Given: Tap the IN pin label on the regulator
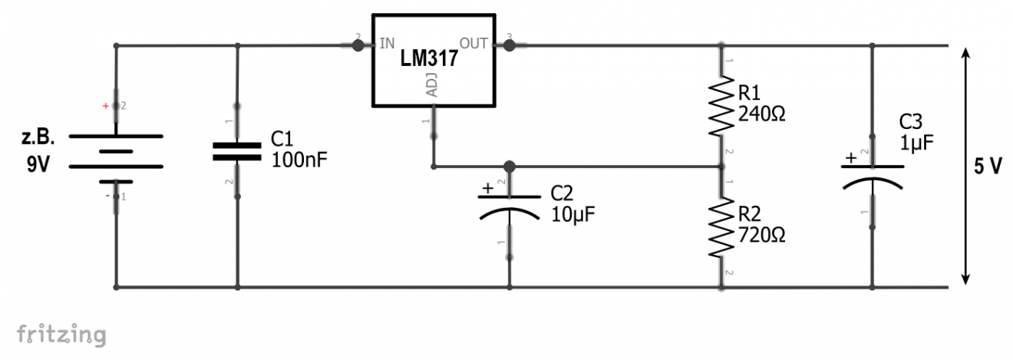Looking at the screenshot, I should coord(388,43).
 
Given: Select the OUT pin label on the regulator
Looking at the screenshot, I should coord(474,43).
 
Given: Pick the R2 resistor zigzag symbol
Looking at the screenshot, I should coord(721,227).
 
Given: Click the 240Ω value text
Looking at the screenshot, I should coord(761,114).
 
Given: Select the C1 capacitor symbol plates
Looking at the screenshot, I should coord(237,150).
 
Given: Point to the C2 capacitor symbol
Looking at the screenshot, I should coord(509,206).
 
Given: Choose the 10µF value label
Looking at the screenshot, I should coord(572,212).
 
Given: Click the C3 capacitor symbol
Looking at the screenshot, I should coord(873,176).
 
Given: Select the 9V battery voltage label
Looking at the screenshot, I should coord(36,163).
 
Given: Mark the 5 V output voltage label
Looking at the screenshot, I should coord(988,167).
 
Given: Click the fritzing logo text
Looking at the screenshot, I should coord(61,335).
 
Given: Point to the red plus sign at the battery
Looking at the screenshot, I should coord(106,104).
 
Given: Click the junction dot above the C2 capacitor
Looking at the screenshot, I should coord(509,166).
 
